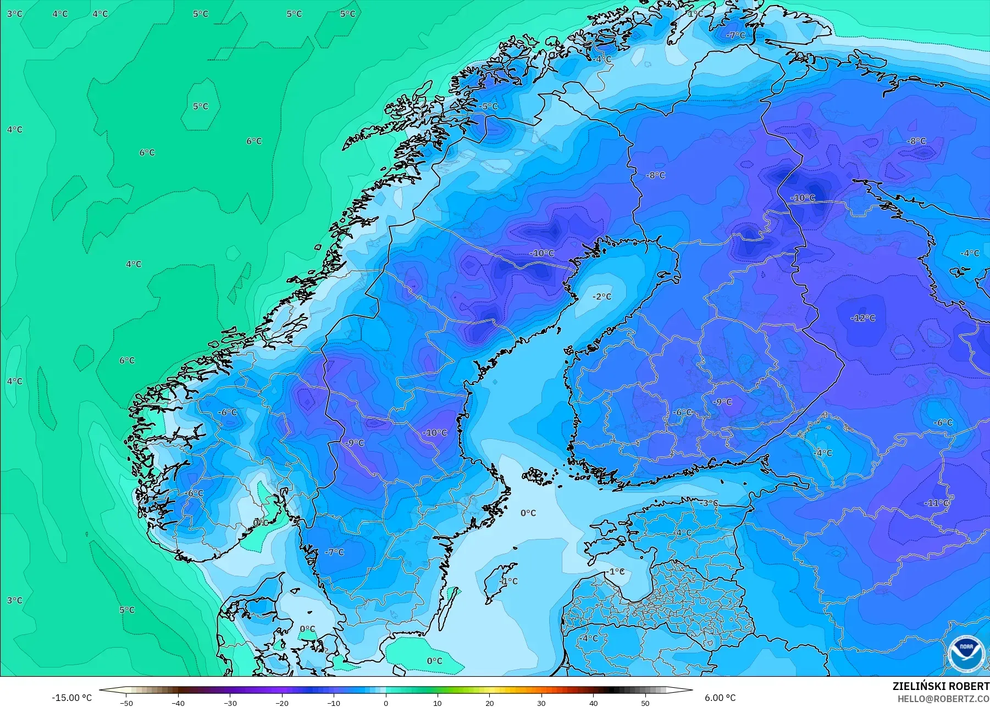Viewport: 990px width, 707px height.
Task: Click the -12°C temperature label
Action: click(x=863, y=318)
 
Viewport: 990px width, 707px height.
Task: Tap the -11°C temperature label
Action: click(x=936, y=503)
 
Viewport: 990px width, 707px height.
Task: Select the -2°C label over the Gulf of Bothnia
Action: click(x=602, y=297)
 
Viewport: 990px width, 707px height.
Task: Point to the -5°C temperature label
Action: click(x=488, y=107)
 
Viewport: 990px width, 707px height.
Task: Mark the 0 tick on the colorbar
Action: click(x=386, y=703)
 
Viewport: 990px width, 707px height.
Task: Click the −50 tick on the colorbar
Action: click(x=126, y=703)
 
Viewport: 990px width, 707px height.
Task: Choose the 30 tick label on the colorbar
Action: click(x=541, y=703)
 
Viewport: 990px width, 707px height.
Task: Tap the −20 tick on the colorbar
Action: click(x=282, y=703)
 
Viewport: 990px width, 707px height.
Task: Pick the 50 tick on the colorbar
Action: click(x=645, y=703)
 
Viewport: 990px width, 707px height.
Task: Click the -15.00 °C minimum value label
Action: click(x=72, y=698)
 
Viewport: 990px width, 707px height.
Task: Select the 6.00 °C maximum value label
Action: click(x=720, y=698)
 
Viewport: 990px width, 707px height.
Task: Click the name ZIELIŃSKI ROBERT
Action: click(x=941, y=686)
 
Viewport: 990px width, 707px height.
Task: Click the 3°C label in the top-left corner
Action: click(x=15, y=14)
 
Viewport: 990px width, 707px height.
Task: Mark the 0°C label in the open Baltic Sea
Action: click(x=528, y=513)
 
